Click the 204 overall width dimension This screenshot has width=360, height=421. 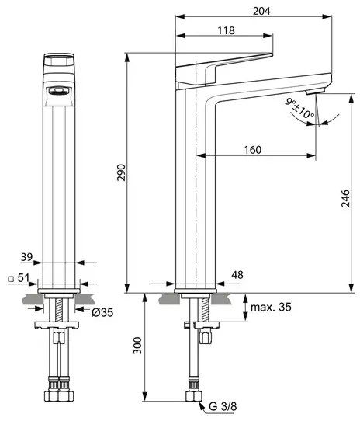tap(261, 11)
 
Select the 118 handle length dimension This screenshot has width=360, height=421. tap(226, 30)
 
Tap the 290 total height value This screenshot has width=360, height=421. tap(121, 172)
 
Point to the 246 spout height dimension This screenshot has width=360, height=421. tap(346, 198)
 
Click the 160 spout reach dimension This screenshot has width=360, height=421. tap(253, 150)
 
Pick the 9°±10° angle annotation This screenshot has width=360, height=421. tap(299, 109)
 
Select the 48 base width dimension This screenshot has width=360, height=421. tap(237, 275)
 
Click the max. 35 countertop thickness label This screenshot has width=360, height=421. tap(271, 307)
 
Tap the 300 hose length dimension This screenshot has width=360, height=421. tap(137, 346)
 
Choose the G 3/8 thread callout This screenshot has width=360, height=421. tap(223, 406)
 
